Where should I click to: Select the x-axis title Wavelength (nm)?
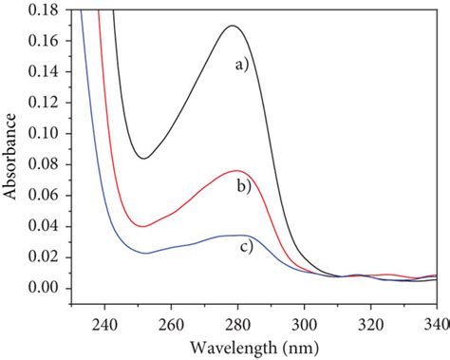point(258,344)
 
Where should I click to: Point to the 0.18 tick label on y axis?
point(43,10)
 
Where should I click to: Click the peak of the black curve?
point(231,26)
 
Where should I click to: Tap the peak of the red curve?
point(234,171)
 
